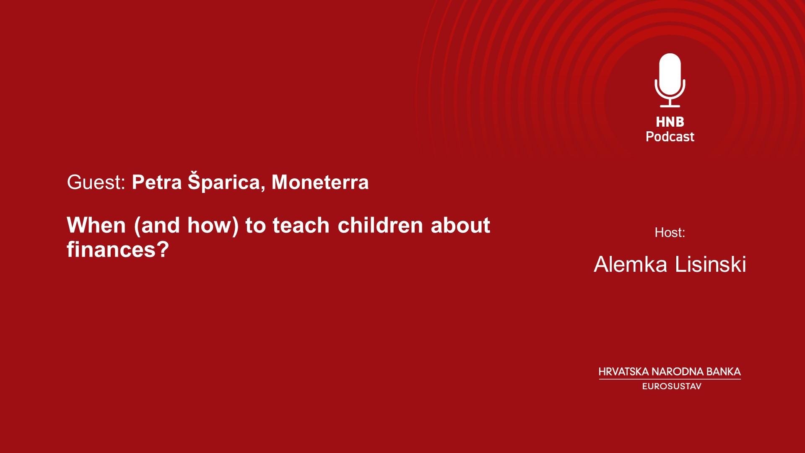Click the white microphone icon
point(670,80)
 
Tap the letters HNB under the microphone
point(670,122)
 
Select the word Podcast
point(670,137)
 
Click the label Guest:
point(96,182)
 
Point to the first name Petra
point(157,182)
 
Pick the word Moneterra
point(320,182)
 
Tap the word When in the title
point(96,225)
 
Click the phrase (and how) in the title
point(186,226)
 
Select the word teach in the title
point(301,225)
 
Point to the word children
point(380,225)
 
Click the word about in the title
point(460,225)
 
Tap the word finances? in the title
point(118,250)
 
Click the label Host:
point(670,232)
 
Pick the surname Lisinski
point(711,264)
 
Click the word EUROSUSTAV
point(672,386)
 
